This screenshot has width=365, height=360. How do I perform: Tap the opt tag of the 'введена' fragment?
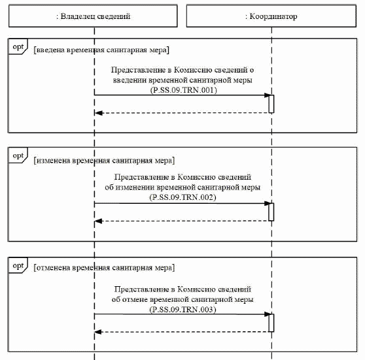18,47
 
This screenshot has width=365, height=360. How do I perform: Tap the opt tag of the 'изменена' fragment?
18,155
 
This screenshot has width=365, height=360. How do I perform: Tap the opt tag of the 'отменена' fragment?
18,265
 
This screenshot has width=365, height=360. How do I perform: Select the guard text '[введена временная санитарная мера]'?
101,49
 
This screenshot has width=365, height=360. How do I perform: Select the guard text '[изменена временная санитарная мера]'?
104,159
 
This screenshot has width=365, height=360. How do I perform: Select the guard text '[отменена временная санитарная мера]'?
103,268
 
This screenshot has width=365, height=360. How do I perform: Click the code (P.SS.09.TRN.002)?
183,197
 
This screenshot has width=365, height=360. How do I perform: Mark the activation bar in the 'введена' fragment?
270,104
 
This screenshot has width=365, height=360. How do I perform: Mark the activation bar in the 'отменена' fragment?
270,323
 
